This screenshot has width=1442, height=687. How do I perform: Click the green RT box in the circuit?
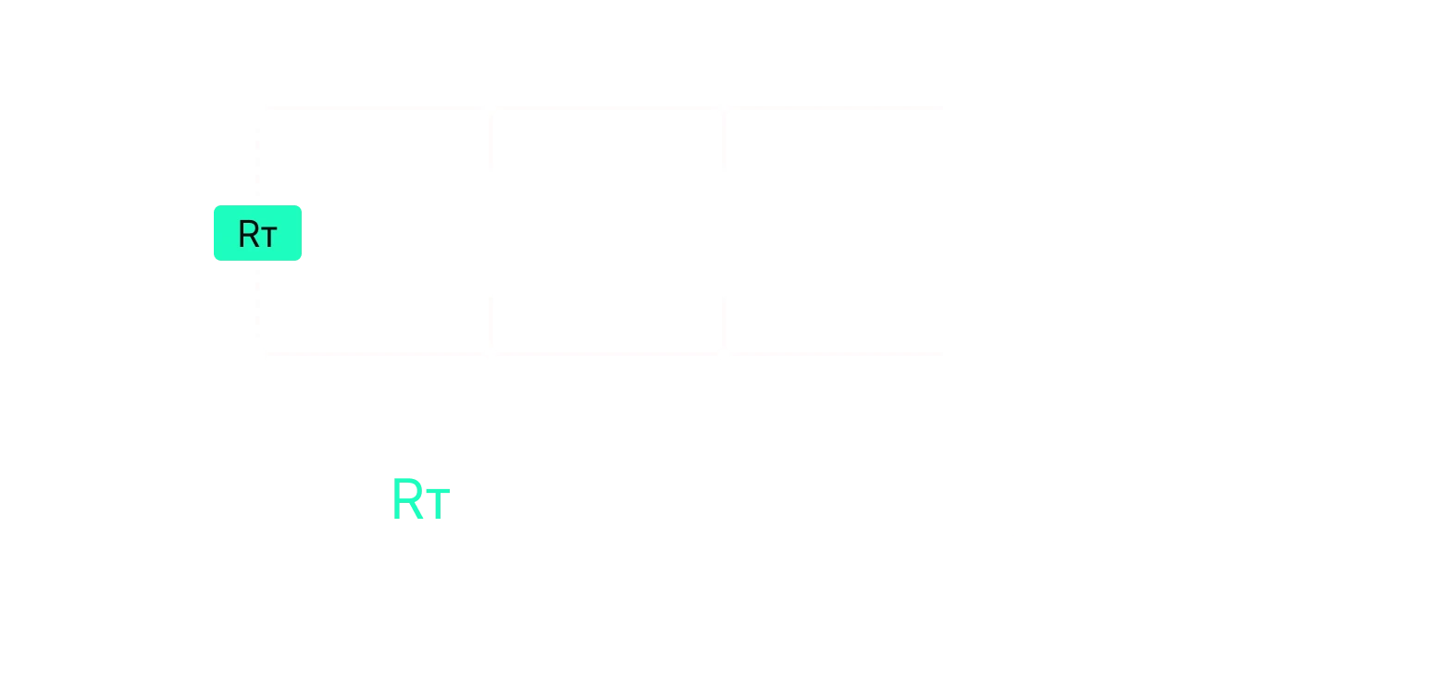point(257,233)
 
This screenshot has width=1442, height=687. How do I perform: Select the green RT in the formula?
point(421,501)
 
